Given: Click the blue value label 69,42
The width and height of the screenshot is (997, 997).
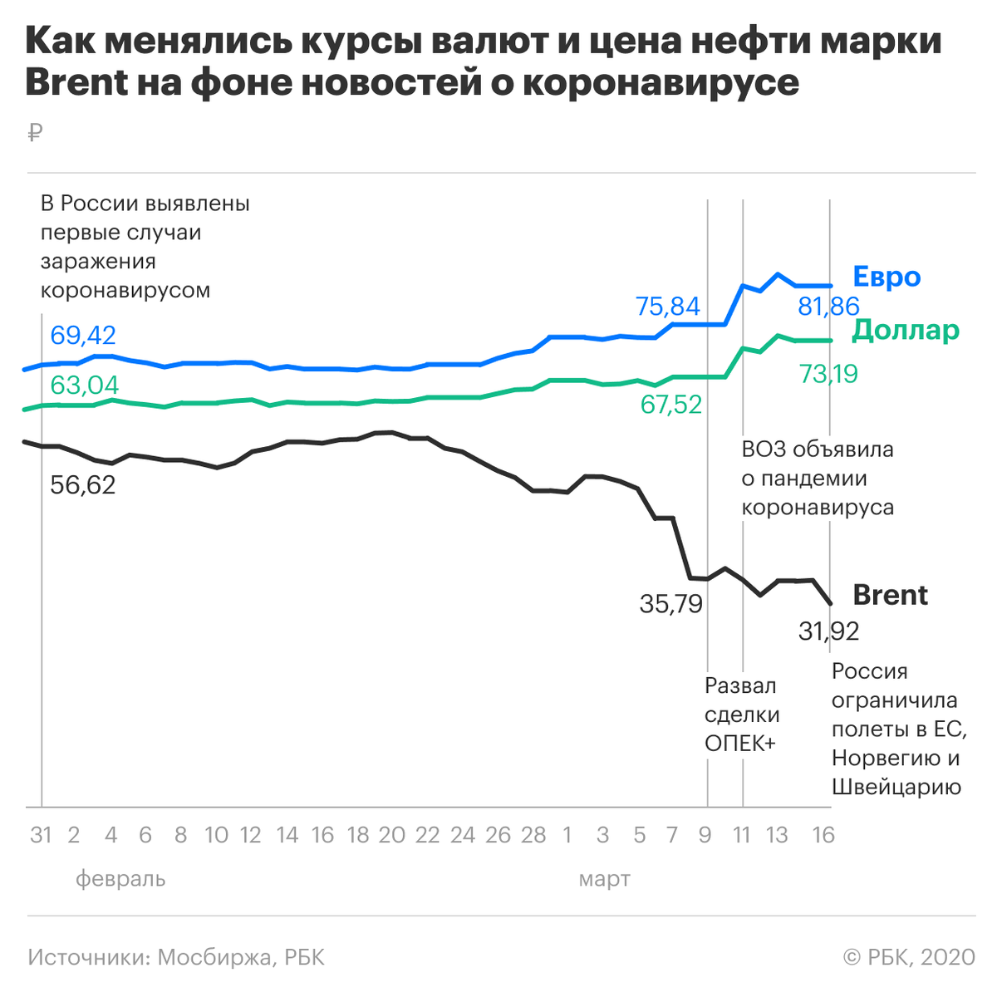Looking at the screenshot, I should point(83,336).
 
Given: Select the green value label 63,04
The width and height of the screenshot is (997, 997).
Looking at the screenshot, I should point(84,386).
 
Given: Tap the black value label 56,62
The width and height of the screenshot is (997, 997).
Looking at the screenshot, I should point(83,484).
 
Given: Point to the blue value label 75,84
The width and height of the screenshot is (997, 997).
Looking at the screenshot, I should point(668,307).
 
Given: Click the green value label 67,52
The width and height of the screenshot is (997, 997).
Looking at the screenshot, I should point(671,405).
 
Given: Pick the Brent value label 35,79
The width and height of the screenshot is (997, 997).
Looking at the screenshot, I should point(671,604).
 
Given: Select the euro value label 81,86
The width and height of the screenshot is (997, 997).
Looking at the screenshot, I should point(828,307).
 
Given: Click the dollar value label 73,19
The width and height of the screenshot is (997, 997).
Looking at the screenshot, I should point(828,374).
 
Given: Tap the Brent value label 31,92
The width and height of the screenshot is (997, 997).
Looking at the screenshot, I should point(828,631).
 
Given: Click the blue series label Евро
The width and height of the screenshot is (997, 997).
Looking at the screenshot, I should point(886,277).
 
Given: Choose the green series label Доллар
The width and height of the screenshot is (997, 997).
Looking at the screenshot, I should point(906,330).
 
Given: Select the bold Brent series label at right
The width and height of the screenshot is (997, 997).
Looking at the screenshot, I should point(890,595).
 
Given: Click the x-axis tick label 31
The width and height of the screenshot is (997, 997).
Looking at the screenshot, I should point(41,835).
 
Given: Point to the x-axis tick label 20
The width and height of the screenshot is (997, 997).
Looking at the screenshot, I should point(391,835).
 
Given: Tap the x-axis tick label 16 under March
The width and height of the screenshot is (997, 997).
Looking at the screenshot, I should point(823,835).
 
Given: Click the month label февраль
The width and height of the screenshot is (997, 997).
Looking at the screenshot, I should point(120,878).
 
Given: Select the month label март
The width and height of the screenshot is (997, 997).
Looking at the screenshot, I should point(604,878).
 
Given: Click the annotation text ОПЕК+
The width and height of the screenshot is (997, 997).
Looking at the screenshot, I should point(739,744).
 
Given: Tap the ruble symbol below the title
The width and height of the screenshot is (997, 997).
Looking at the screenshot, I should point(34,132).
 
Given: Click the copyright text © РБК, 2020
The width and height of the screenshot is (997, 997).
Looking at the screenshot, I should point(909,957).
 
